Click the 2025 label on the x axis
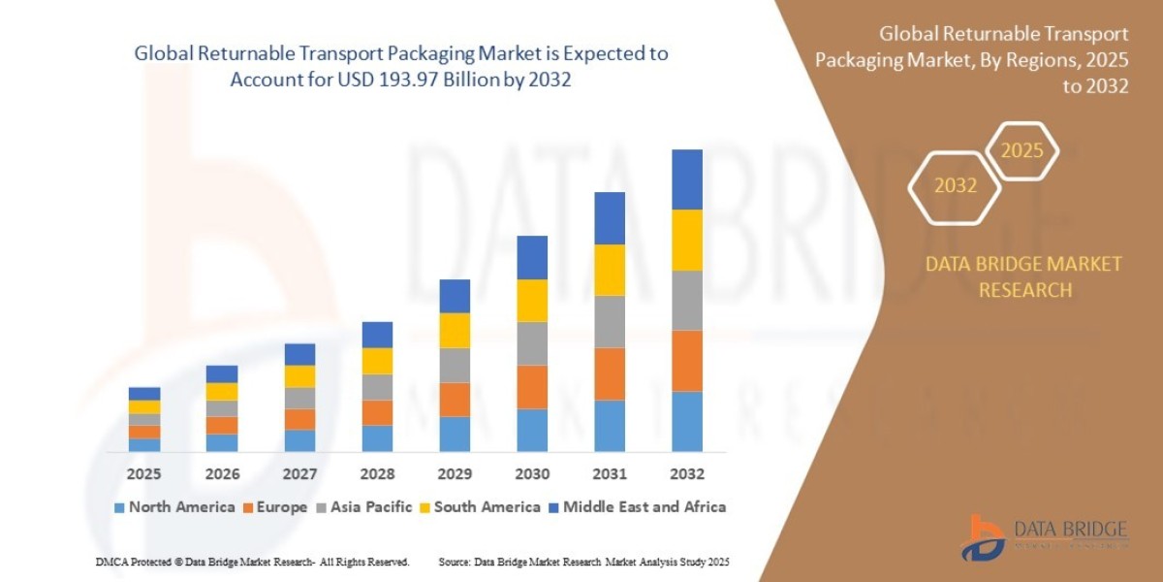point(144,474)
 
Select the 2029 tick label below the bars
point(455,474)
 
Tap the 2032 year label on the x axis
point(686,474)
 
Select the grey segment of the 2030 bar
point(532,343)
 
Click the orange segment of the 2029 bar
point(455,400)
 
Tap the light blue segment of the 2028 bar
point(377,438)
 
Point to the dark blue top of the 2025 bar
point(144,394)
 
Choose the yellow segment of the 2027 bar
point(299,376)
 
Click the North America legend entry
point(174,506)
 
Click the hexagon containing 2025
point(1022,151)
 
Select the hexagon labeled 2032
point(955,185)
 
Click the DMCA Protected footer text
point(253,562)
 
